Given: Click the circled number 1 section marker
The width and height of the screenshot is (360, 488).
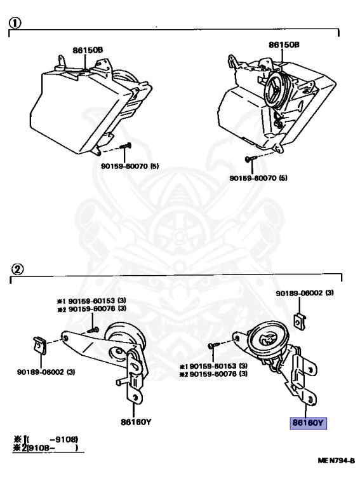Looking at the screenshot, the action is point(15,23).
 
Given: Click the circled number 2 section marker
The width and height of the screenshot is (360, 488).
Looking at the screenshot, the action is point(17,269).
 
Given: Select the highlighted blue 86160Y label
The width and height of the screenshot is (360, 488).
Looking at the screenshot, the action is point(308,423).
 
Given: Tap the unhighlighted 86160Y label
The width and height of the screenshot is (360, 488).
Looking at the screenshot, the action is point(136,422).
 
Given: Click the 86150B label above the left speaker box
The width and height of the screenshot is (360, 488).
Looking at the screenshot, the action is point(88,50).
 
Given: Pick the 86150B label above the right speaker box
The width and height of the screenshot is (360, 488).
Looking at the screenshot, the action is point(284,44).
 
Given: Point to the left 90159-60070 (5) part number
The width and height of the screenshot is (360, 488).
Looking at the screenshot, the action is point(130,166).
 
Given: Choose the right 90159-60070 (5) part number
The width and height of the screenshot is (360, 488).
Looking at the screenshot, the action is point(258,178).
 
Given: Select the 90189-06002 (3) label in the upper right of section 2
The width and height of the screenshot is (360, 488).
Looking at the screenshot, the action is point(305,293).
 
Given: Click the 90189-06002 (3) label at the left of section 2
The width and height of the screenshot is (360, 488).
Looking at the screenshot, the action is point(46,372).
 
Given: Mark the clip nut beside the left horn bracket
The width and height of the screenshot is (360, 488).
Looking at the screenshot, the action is point(39,345).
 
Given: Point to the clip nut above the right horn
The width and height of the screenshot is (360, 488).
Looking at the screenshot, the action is point(300,321).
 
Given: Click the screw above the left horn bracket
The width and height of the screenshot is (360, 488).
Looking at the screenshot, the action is point(93,330).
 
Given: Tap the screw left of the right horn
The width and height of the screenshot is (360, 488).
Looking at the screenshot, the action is point(214,345).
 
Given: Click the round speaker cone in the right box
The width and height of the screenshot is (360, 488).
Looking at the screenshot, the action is point(277,90).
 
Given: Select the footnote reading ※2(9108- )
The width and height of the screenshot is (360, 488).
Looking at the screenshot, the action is point(46,448).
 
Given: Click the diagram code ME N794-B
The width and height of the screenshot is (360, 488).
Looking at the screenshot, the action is point(336,461).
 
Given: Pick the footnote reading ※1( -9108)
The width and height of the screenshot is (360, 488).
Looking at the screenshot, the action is point(46,440).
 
